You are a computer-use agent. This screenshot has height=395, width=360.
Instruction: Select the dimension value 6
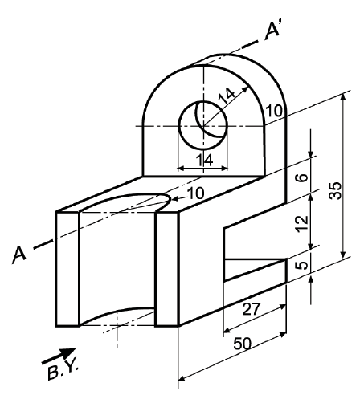pos(301,178)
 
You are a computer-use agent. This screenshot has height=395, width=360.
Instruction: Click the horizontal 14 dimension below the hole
pos(204,160)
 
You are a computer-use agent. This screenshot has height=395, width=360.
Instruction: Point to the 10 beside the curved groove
pos(195,193)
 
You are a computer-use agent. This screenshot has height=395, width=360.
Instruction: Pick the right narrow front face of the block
pos(166,269)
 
